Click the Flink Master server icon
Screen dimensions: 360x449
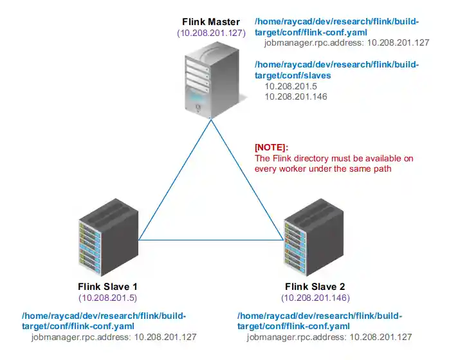tap(208, 83)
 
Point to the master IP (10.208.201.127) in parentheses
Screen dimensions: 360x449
tap(211, 33)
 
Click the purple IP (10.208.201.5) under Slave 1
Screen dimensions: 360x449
tap(108, 298)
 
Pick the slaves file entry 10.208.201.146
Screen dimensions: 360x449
tap(296, 96)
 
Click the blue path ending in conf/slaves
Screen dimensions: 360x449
tap(336, 70)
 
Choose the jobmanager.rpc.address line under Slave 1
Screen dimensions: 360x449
tap(113, 337)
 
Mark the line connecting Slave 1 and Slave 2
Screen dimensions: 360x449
tap(212, 240)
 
